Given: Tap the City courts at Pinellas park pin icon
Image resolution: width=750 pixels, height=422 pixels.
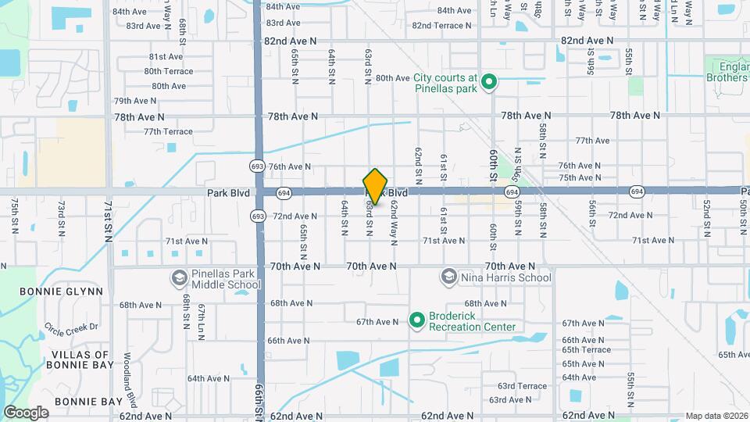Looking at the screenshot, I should click(489, 81).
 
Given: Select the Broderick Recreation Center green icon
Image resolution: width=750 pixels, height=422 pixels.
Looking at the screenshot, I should click(416, 320).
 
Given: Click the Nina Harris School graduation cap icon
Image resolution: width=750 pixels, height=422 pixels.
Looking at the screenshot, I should click(448, 277).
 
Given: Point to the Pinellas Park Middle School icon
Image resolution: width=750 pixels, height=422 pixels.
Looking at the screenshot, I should click(179, 278).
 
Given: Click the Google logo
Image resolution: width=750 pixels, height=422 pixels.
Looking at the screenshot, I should click(26, 413).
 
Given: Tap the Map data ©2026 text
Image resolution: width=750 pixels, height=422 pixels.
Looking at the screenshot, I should click(716, 416).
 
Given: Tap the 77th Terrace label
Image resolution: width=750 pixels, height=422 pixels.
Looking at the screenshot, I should click(168, 131).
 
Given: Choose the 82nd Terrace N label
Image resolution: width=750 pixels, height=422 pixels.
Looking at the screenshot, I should click(442, 25).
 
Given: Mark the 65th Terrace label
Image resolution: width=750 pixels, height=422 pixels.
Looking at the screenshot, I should click(586, 350).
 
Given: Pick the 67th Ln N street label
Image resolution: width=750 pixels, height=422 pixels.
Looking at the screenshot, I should click(201, 316).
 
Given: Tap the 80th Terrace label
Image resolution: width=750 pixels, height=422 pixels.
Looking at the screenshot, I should click(168, 71).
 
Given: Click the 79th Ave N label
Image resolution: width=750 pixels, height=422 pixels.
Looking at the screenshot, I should click(135, 101).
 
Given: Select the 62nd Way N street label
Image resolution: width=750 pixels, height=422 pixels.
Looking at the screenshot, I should click(394, 220).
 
